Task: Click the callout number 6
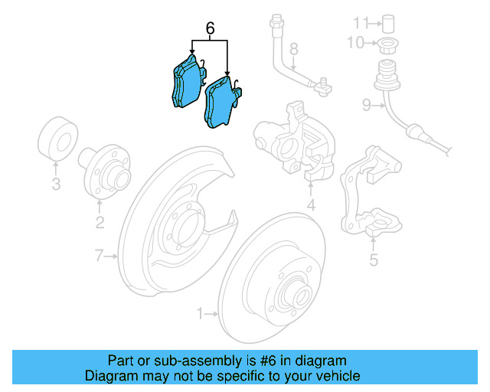[x=210, y=29]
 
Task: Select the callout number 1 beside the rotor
[x=201, y=313]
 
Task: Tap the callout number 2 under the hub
[x=100, y=224]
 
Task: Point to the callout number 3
[x=56, y=184]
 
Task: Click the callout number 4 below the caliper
[x=311, y=206]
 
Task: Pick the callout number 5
[x=374, y=261]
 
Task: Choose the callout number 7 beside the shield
[x=99, y=256]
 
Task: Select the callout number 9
[x=367, y=106]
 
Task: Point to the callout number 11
[x=358, y=20]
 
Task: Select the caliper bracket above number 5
[x=371, y=192]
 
